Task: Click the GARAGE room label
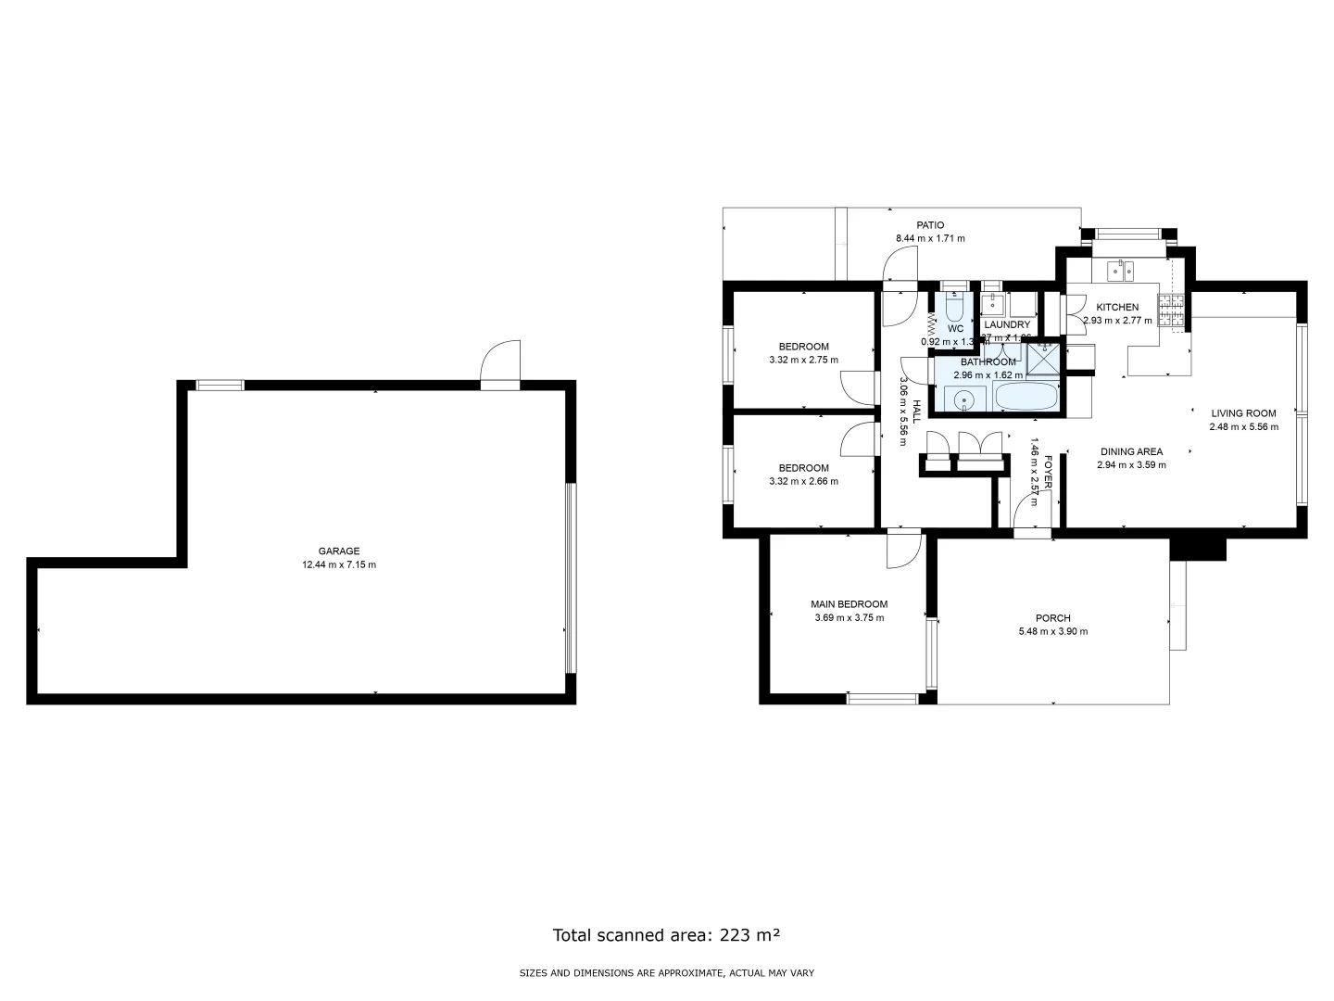tap(339, 551)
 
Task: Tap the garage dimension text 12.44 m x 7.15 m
tap(339, 564)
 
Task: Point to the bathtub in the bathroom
tap(1026, 398)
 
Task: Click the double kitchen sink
tap(1122, 271)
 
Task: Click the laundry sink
tap(993, 302)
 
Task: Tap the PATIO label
tap(930, 224)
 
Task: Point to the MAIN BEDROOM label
tap(849, 603)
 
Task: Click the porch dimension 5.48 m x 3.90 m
tap(1052, 631)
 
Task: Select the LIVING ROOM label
tap(1243, 413)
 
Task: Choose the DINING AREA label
tap(1131, 451)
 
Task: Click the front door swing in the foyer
tap(1028, 513)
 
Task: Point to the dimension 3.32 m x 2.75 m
tap(803, 360)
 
